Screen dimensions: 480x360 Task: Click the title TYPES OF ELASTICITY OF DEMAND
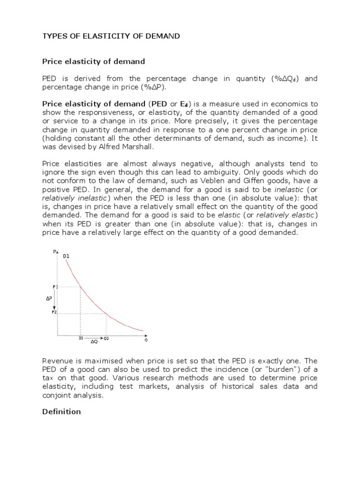111,36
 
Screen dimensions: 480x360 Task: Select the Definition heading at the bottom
61,412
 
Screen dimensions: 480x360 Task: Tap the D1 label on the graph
66,256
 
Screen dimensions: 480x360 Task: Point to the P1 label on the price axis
54,286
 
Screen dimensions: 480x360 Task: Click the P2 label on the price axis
54,312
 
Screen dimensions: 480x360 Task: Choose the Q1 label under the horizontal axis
81,338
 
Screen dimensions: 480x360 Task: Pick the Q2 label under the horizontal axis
106,338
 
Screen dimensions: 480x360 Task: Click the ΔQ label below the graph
94,342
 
